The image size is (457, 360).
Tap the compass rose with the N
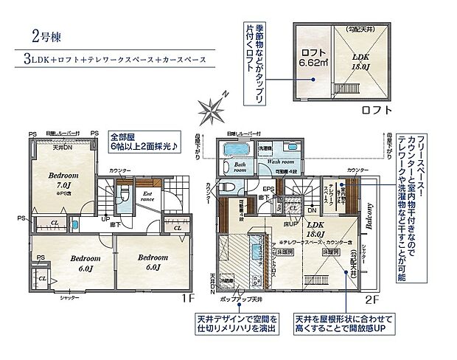[214, 111]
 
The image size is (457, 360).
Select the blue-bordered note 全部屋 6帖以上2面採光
[143, 142]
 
